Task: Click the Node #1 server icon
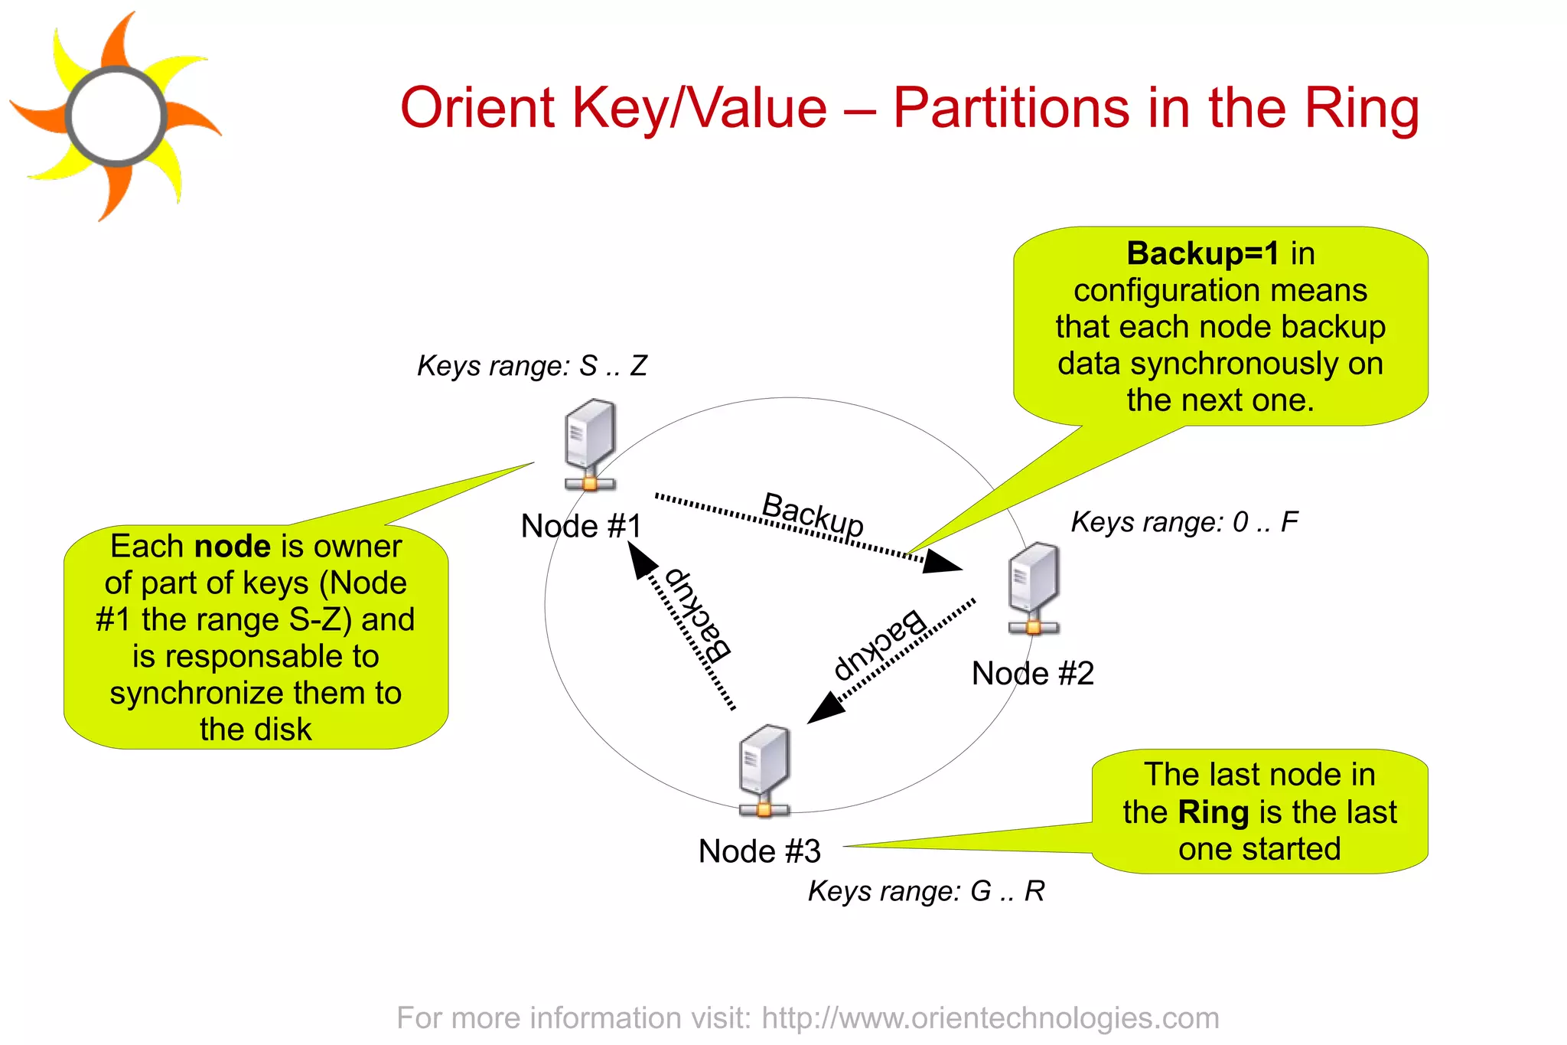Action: tap(589, 445)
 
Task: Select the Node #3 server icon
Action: tap(764, 770)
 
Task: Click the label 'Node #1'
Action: tap(581, 527)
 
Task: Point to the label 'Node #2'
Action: tap(1032, 674)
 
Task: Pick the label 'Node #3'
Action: tap(759, 851)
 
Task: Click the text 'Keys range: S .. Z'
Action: tap(532, 366)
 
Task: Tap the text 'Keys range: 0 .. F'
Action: tap(1184, 522)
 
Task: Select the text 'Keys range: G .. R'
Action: tap(926, 891)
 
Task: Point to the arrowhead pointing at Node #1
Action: tap(640, 559)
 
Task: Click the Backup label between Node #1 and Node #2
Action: tap(813, 514)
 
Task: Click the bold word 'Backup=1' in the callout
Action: tap(1202, 253)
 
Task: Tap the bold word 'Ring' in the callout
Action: tap(1213, 812)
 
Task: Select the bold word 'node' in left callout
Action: tap(232, 547)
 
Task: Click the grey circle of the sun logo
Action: tap(116, 116)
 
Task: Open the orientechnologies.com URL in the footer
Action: tap(990, 1018)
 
